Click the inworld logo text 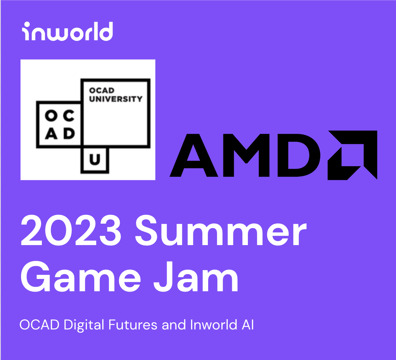(x=67, y=32)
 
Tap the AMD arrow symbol (x=352, y=155)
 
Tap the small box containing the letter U (x=95, y=160)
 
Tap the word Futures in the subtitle (x=128, y=325)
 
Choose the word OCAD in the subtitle (x=39, y=325)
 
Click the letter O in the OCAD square (x=50, y=116)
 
